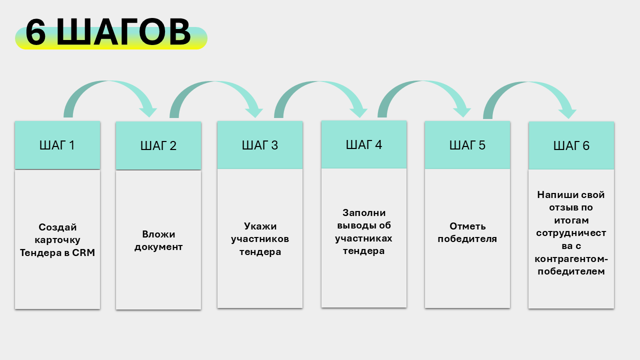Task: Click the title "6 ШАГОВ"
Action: click(x=108, y=33)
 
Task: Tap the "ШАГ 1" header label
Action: click(x=57, y=145)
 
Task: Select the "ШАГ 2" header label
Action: click(x=158, y=146)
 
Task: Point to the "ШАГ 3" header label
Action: click(x=260, y=145)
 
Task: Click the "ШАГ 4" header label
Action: click(x=364, y=144)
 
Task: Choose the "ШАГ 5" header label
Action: click(x=467, y=145)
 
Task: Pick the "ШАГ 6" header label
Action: click(x=571, y=146)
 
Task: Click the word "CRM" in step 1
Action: click(x=84, y=253)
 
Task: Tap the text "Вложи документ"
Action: click(x=158, y=240)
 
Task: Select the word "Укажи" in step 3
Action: click(x=260, y=226)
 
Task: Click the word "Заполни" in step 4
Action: click(x=364, y=212)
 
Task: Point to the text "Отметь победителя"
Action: click(x=467, y=232)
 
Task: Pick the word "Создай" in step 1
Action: click(x=57, y=227)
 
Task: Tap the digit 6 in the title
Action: click(x=35, y=33)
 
